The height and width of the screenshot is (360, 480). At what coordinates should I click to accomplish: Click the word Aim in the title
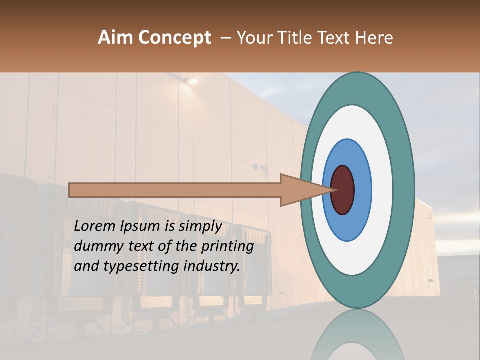(115, 38)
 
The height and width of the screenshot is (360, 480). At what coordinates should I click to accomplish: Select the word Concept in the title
(174, 38)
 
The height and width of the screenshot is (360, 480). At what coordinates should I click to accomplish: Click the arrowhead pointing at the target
(305, 190)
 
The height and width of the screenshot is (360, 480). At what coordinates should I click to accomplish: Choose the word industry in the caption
(212, 266)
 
